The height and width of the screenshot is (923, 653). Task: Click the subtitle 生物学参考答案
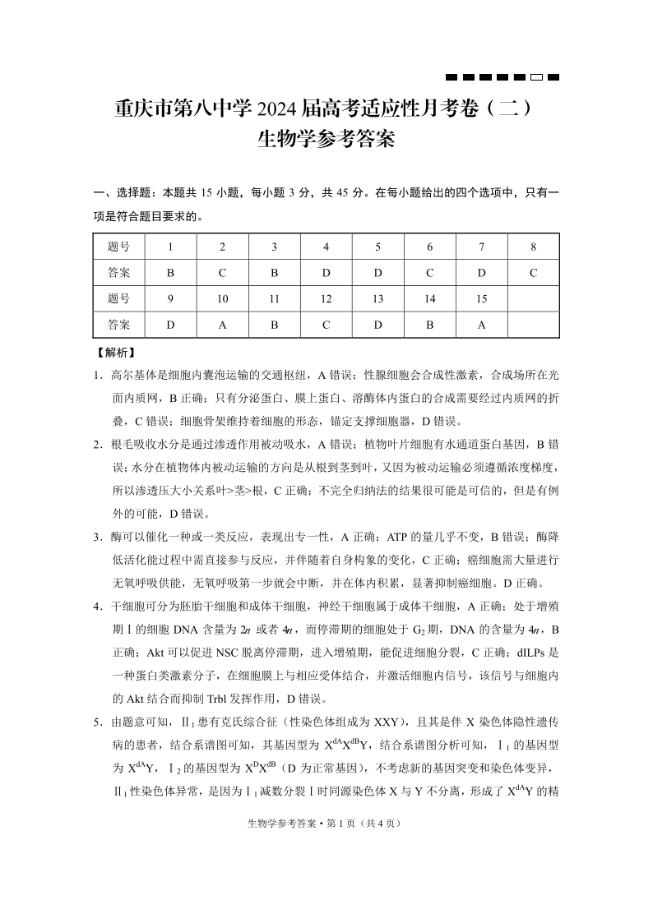(326, 139)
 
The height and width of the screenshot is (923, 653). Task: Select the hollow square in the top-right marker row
(535, 77)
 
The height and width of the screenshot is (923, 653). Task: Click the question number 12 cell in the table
(326, 299)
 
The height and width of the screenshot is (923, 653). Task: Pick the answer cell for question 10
(222, 325)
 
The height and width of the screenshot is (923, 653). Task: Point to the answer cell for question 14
(429, 325)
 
